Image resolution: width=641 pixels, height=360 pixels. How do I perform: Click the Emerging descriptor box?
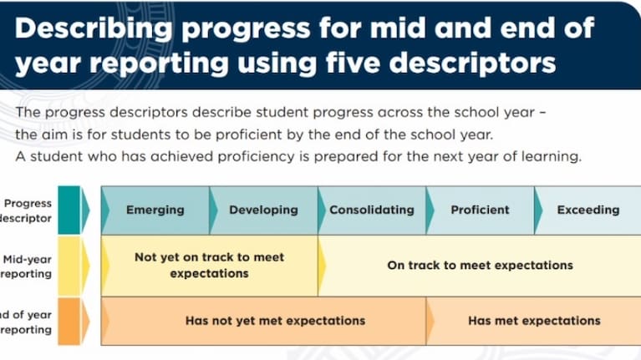point(155,210)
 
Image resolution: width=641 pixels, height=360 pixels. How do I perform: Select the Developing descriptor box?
point(263,210)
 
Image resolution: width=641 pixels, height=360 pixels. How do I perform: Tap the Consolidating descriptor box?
point(372,210)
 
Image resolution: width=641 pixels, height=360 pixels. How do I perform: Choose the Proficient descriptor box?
point(480,210)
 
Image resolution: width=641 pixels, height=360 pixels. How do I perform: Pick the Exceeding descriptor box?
point(588,210)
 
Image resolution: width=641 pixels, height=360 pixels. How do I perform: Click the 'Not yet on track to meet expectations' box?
point(209,266)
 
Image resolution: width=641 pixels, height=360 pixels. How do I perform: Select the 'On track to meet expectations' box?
point(480,266)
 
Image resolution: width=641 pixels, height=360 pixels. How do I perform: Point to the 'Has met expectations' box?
point(534,321)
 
